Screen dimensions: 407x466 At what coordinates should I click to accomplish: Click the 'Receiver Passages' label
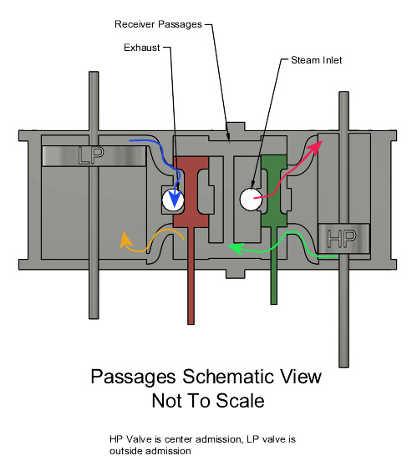[158, 24]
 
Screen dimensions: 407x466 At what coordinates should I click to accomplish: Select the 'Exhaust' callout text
[142, 48]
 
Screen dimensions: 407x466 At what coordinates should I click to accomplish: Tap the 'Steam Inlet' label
[316, 60]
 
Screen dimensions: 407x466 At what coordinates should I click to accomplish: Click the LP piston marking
[91, 155]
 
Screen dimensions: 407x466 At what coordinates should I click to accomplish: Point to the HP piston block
[343, 238]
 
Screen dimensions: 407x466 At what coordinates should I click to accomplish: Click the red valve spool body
[191, 192]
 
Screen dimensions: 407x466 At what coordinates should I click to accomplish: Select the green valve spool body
[274, 190]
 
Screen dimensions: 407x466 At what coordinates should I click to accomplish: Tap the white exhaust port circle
[173, 200]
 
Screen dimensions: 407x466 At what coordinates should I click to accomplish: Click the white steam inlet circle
[251, 200]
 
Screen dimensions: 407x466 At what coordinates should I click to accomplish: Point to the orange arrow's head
[125, 240]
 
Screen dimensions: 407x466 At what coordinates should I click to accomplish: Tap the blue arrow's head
[174, 199]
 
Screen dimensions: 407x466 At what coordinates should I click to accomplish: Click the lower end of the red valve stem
[191, 323]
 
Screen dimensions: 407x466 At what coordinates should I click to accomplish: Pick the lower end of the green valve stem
[274, 303]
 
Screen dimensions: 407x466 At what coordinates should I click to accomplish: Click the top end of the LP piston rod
[94, 73]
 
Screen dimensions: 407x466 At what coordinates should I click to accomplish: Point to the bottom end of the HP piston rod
[344, 366]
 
